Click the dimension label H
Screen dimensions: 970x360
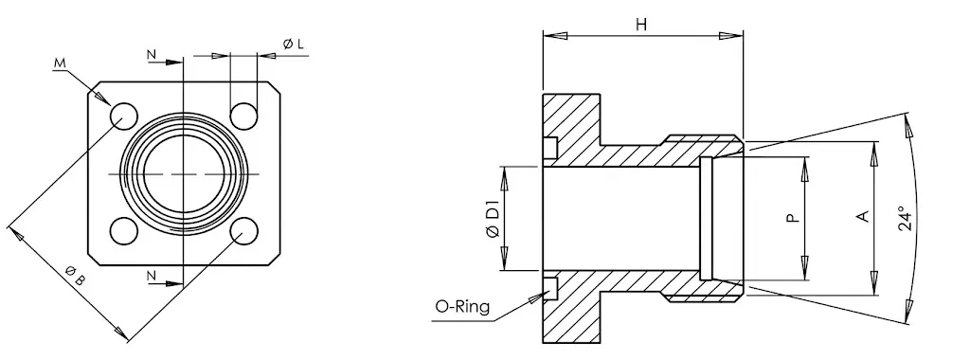point(641,25)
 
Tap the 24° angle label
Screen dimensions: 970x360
point(905,218)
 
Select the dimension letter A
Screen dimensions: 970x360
point(862,216)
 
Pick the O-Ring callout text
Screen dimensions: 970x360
point(462,306)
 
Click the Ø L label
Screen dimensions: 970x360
point(294,44)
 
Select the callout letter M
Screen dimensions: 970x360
point(60,62)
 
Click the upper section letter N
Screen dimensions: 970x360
point(152,54)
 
